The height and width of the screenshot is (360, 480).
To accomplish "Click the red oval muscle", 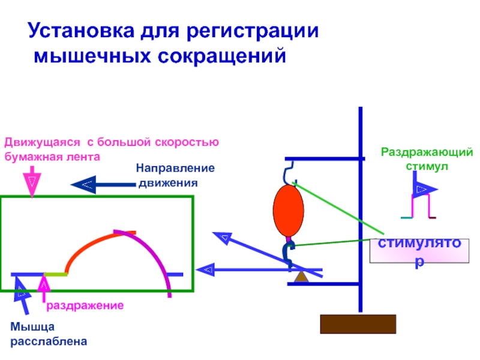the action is coord(289,211).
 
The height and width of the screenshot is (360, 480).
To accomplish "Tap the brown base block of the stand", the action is coord(358,324).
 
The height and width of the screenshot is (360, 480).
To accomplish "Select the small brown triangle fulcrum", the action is coord(301,277).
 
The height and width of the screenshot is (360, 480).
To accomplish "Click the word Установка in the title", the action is coord(81,31).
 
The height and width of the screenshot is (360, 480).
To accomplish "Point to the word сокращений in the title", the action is coord(222,56).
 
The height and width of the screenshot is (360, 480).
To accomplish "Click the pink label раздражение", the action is coord(85,305).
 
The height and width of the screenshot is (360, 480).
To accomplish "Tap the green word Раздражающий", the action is coord(427,152).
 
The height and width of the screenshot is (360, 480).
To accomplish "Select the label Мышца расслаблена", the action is coord(49,334).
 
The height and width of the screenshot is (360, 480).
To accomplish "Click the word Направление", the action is coord(175,168).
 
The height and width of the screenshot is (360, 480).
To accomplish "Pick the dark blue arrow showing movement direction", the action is coord(103,185).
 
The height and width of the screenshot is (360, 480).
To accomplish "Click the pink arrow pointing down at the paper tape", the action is coord(32,182).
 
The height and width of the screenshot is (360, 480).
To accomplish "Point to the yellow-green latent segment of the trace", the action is coord(55,274).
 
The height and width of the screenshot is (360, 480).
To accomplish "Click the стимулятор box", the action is coord(419,251).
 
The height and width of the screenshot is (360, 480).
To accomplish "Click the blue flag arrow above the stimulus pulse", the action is coord(424,185).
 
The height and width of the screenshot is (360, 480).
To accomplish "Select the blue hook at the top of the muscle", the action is coord(288,173).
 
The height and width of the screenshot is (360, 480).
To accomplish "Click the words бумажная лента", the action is coord(52,157).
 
